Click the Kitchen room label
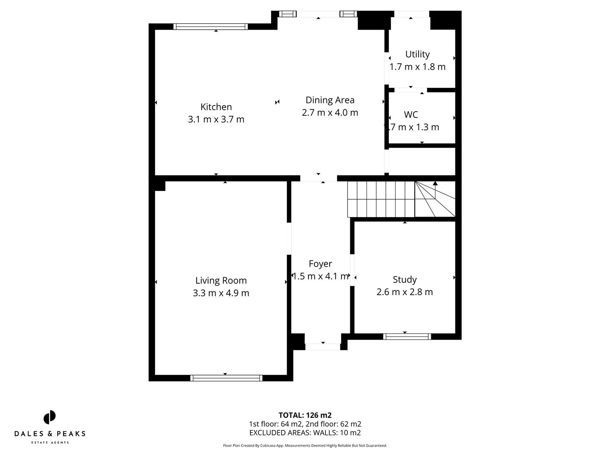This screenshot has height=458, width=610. (216, 107)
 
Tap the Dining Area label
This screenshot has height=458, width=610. (330, 100)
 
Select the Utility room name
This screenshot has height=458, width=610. (417, 54)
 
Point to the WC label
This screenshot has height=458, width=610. (411, 114)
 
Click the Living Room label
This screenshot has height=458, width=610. (221, 280)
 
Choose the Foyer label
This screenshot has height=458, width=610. (320, 264)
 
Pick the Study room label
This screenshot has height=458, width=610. (405, 279)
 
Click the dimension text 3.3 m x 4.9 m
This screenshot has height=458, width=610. (221, 293)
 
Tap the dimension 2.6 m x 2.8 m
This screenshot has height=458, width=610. (405, 292)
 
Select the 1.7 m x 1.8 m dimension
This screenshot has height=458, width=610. (417, 67)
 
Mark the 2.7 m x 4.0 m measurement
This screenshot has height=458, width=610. (330, 112)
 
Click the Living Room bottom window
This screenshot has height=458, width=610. (226, 378)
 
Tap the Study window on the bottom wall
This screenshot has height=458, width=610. (407, 337)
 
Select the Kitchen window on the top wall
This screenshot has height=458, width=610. (211, 27)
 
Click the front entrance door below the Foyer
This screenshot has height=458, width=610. (323, 347)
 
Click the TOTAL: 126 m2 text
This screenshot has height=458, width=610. (305, 415)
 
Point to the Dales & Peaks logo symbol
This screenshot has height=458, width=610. (50, 417)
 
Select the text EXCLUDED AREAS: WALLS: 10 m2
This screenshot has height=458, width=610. (305, 433)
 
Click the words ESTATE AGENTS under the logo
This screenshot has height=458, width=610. (50, 443)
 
